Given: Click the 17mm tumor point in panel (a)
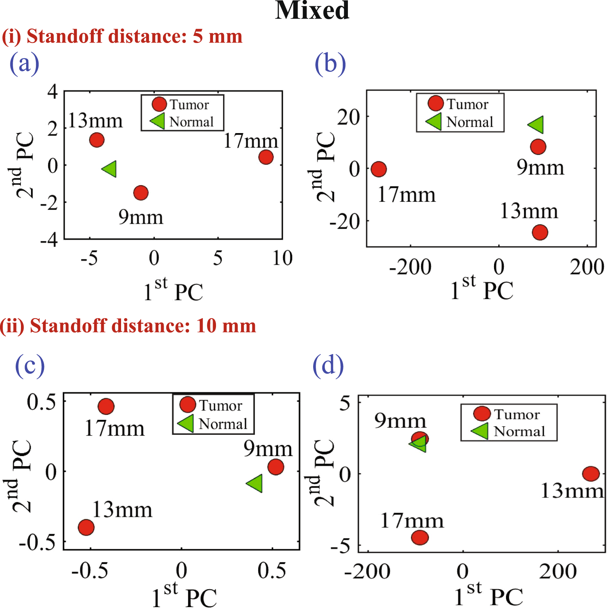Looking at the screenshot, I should tap(266, 157).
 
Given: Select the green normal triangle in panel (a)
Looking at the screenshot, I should tap(110, 169).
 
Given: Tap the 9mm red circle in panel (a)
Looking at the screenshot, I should tap(141, 193).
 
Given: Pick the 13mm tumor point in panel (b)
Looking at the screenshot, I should tap(540, 232).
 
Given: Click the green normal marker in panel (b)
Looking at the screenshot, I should tap(537, 124).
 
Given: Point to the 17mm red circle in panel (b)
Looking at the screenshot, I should tap(379, 169).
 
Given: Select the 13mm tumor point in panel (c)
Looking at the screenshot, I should tap(86, 527).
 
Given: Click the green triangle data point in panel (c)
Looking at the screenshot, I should tap(255, 483).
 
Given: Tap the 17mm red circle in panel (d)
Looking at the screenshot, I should tap(420, 537).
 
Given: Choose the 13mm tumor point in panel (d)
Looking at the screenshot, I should tap(591, 474).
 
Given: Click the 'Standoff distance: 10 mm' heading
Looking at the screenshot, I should tap(128, 326).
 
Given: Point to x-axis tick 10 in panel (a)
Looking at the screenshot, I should tap(282, 258).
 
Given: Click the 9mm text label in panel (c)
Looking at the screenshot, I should tap(268, 449).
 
